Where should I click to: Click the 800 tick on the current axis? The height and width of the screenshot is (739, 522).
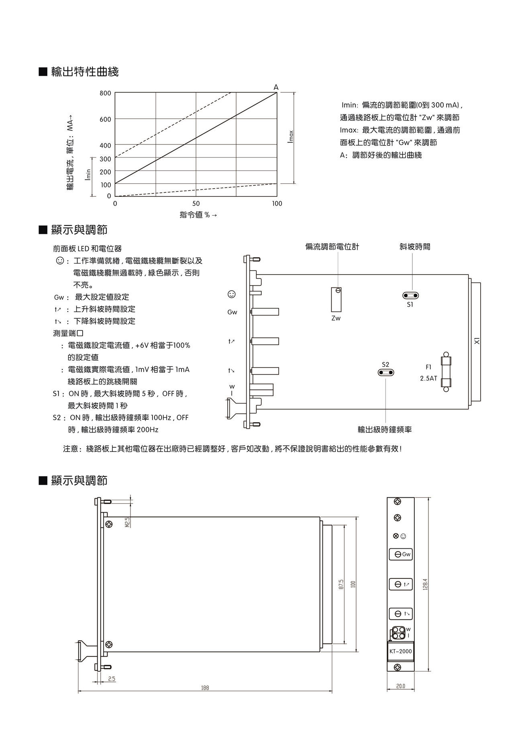(x=105, y=93)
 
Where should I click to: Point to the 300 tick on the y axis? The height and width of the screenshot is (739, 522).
(x=105, y=159)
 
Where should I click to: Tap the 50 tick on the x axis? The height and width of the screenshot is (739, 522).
(x=196, y=204)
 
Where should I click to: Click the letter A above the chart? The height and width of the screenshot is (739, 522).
(x=276, y=87)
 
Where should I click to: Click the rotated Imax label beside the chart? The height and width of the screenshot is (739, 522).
(x=291, y=137)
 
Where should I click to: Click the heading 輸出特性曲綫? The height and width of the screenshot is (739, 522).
(x=85, y=72)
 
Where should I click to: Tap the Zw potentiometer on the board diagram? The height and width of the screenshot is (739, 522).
(x=336, y=299)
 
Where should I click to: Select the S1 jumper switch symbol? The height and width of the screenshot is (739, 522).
(x=410, y=296)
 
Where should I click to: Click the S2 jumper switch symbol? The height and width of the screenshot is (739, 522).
(x=386, y=373)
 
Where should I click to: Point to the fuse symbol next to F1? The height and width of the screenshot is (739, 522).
(x=446, y=372)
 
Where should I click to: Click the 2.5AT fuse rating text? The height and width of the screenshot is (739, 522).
(x=428, y=378)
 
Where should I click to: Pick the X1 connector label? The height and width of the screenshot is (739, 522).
(x=477, y=341)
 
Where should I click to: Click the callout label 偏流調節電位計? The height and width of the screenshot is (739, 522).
(x=332, y=246)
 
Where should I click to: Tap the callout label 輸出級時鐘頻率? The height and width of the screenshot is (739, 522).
(x=385, y=430)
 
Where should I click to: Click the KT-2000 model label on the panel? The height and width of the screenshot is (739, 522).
(x=401, y=651)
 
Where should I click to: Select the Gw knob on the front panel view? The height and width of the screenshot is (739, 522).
(x=398, y=554)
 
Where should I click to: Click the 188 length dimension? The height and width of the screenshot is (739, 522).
(x=205, y=688)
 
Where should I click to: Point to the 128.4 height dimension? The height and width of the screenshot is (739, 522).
(x=425, y=584)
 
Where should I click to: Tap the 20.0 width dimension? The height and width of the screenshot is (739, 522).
(x=400, y=686)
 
